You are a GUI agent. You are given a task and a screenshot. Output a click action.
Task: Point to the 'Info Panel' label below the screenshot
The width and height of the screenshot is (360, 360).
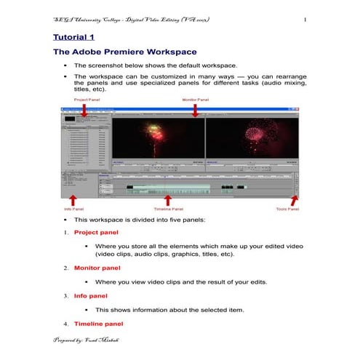pos(73,209)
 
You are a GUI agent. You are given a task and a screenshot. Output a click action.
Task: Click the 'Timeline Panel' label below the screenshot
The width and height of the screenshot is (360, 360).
pos(168,209)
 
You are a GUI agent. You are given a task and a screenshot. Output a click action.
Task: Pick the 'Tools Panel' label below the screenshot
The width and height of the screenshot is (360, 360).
pos(287,209)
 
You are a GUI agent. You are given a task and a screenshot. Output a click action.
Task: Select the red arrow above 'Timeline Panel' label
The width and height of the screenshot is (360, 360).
pos(168,199)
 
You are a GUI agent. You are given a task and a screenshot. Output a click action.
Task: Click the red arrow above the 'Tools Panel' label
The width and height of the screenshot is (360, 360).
pos(295,199)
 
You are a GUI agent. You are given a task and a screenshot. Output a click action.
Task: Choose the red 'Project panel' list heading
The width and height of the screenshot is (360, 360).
pos(97,234)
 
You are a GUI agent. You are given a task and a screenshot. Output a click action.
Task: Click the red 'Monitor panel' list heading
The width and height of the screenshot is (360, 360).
pos(98,268)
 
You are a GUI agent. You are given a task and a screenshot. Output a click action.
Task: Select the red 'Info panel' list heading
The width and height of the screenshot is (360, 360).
pos(90,296)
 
